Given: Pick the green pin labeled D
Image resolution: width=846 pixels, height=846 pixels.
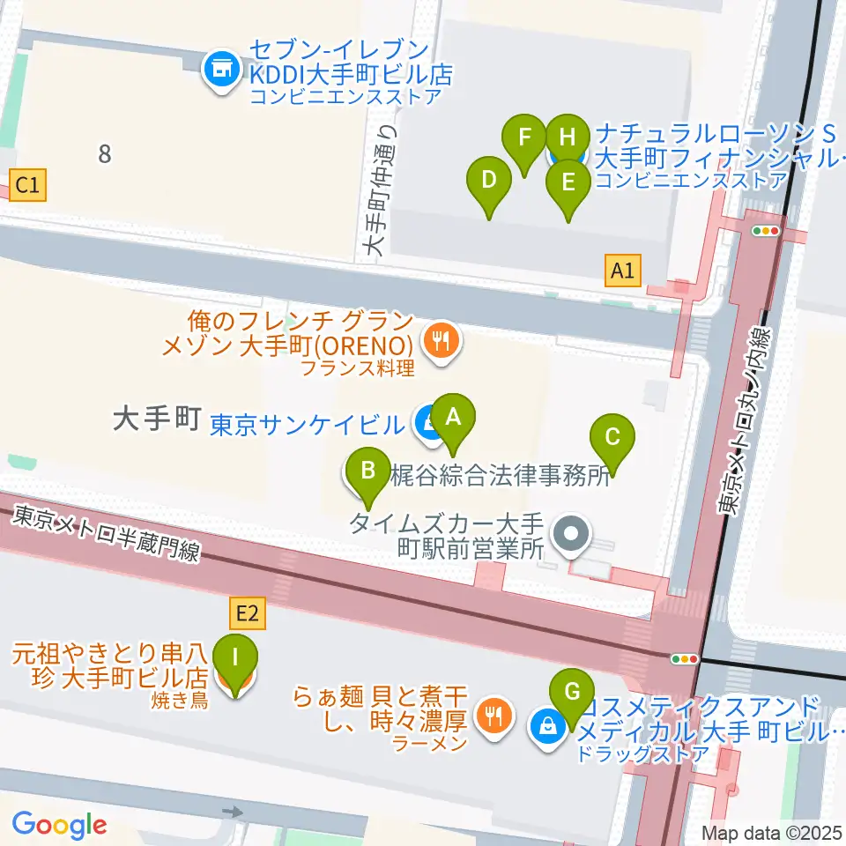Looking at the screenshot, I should click(488, 183).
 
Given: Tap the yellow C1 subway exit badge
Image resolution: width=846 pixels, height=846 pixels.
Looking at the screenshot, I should click(27, 185).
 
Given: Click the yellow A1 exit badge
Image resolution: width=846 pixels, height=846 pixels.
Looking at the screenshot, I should click(622, 271).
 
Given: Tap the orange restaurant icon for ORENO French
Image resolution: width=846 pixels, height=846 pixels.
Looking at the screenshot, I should click(440, 340).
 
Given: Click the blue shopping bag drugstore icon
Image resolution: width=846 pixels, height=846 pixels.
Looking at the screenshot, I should click(546, 727).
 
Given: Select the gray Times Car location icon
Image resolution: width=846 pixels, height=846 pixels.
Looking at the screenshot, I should click(572, 535).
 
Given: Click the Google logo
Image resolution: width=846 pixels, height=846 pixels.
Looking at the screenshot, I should click(59, 824).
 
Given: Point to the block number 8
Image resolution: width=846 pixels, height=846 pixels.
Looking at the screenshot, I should click(105, 154).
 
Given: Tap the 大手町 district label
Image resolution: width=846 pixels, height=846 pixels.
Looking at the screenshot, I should click(158, 419).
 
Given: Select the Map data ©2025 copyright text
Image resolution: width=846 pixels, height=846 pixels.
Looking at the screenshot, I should click(771, 833).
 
